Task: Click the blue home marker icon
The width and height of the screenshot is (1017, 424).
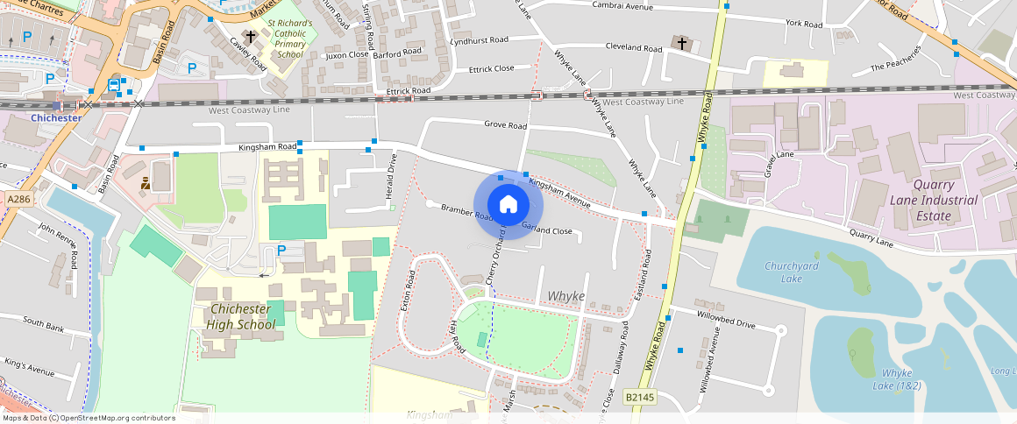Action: tap(508, 205)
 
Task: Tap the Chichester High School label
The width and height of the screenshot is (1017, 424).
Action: tap(241, 317)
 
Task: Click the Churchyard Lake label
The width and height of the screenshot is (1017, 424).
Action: tap(783, 272)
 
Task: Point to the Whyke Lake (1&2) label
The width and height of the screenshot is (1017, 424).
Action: tap(896, 379)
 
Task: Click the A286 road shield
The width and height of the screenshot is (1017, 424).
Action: tap(18, 200)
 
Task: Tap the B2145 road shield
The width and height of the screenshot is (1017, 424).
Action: tap(639, 398)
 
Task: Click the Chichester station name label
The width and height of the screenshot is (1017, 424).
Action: tap(55, 117)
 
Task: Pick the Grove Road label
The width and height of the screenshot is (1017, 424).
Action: tap(505, 125)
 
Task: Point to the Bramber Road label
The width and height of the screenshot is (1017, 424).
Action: tap(468, 210)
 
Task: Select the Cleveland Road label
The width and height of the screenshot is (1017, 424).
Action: tap(634, 47)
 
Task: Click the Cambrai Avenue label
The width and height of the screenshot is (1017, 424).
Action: tap(622, 6)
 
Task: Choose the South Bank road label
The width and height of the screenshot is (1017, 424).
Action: tap(44, 325)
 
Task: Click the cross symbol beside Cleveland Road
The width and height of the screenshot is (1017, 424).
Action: tap(681, 42)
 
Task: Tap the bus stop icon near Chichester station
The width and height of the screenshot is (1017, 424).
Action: tap(114, 85)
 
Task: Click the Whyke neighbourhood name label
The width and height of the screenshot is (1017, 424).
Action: tap(565, 296)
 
